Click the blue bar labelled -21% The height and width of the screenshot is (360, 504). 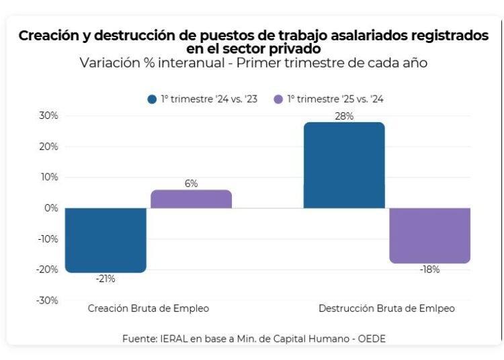click(x=106, y=240)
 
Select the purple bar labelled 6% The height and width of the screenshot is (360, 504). click(x=191, y=199)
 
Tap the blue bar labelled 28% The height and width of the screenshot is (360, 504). click(x=344, y=165)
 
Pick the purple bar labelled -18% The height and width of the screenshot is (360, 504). click(x=429, y=235)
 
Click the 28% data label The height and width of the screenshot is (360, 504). click(x=344, y=116)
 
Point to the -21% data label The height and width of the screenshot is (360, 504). click(x=106, y=279)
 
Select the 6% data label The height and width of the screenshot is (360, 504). click(x=191, y=183)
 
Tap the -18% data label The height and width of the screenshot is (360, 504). click(x=429, y=269)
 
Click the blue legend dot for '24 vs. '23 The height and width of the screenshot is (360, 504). click(x=152, y=99)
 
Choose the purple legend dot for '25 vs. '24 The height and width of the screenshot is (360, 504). click(x=278, y=99)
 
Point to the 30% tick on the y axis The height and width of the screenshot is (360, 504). click(x=49, y=116)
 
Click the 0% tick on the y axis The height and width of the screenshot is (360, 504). click(x=52, y=208)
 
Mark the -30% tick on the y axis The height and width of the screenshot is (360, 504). click(x=48, y=300)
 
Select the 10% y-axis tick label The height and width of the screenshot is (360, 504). click(x=49, y=177)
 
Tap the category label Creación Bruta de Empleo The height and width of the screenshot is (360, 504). click(x=149, y=308)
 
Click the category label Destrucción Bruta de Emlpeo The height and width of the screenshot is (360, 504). click(x=386, y=308)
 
